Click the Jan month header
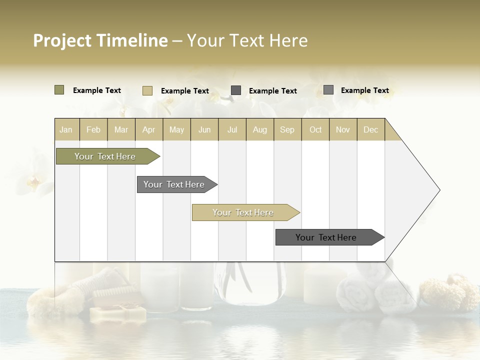pyautogui.click(x=66, y=129)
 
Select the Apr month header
pyautogui.click(x=148, y=129)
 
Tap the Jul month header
pyautogui.click(x=232, y=129)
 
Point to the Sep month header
pyautogui.click(x=287, y=129)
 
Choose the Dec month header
pyautogui.click(x=370, y=129)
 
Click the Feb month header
pyautogui.click(x=93, y=129)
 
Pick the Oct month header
pyautogui.click(x=315, y=129)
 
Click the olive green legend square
pyautogui.click(x=59, y=90)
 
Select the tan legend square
pyautogui.click(x=147, y=90)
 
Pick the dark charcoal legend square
pyautogui.click(x=236, y=90)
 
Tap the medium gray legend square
pyautogui.click(x=328, y=90)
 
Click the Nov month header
pyautogui.click(x=343, y=129)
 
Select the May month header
pyautogui.click(x=176, y=129)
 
